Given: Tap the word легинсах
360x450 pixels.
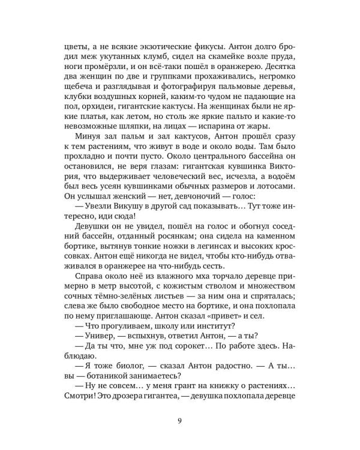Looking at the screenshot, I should click(x=206, y=270).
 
